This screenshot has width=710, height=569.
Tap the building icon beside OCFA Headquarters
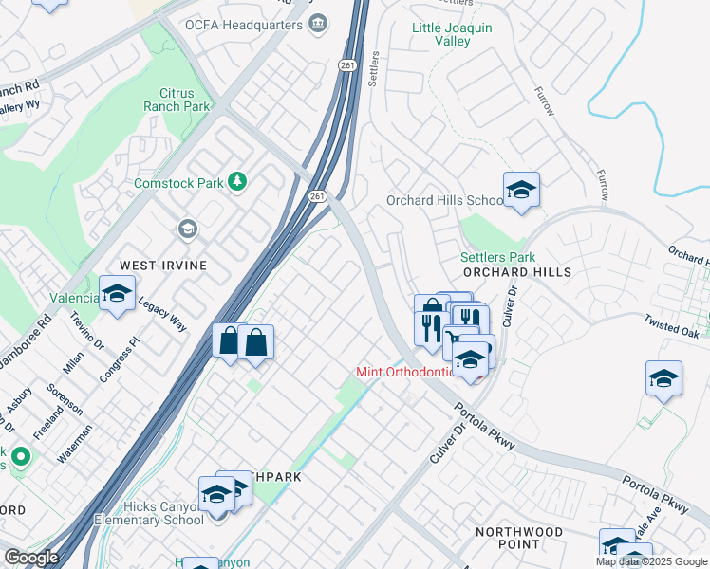tap(319, 22)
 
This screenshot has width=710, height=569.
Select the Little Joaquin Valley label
tap(452, 35)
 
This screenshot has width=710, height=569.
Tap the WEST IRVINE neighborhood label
tap(162, 266)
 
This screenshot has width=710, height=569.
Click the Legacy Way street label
tap(162, 313)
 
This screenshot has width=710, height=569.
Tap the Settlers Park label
tap(497, 257)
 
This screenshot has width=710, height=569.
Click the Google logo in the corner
tap(31, 558)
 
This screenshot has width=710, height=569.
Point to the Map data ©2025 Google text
tap(651, 561)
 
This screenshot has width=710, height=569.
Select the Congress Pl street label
tap(118, 358)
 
